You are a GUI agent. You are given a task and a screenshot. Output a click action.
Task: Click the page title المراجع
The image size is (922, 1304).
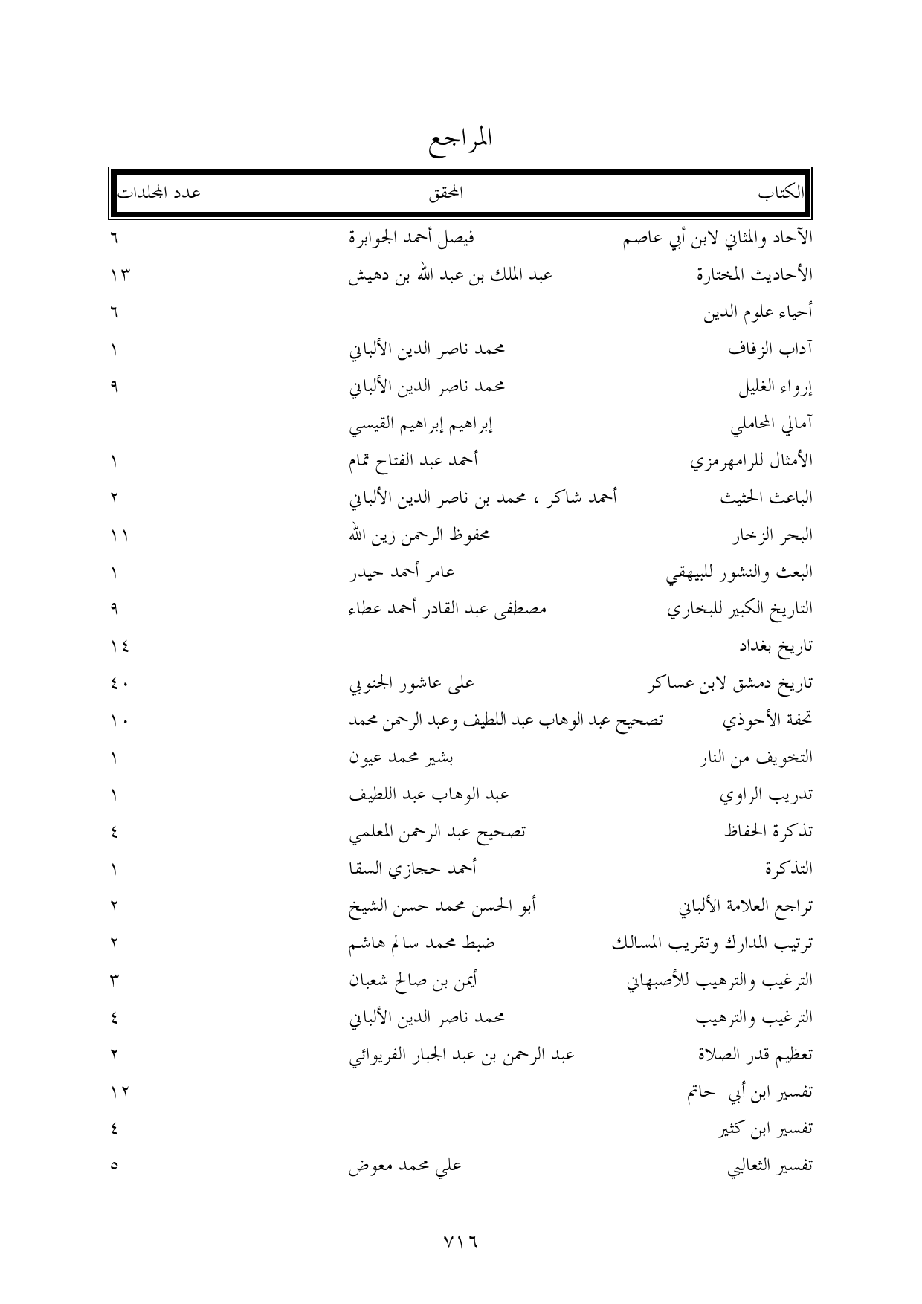(x=462, y=139)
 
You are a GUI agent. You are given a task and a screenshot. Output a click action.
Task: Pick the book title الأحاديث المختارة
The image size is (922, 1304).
(x=755, y=275)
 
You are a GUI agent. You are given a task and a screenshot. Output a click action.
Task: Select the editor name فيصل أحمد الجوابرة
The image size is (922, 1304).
(x=413, y=239)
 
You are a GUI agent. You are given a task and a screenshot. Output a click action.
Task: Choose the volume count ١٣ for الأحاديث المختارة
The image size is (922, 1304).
(x=117, y=276)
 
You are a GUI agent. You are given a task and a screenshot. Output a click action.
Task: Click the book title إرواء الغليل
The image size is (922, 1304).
(x=775, y=387)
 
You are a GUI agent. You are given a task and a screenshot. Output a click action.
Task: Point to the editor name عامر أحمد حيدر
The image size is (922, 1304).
(x=402, y=572)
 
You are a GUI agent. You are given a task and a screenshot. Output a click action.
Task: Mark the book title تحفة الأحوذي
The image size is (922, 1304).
(x=767, y=720)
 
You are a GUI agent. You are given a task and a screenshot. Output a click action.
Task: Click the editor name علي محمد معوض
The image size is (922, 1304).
(x=406, y=1166)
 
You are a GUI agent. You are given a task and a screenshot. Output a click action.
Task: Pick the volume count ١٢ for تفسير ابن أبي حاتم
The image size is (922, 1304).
(x=117, y=1092)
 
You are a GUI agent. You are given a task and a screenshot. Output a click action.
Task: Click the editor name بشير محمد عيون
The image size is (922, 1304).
(x=402, y=758)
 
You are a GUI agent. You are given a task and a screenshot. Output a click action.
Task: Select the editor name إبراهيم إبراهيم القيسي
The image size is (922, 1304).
(x=422, y=425)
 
